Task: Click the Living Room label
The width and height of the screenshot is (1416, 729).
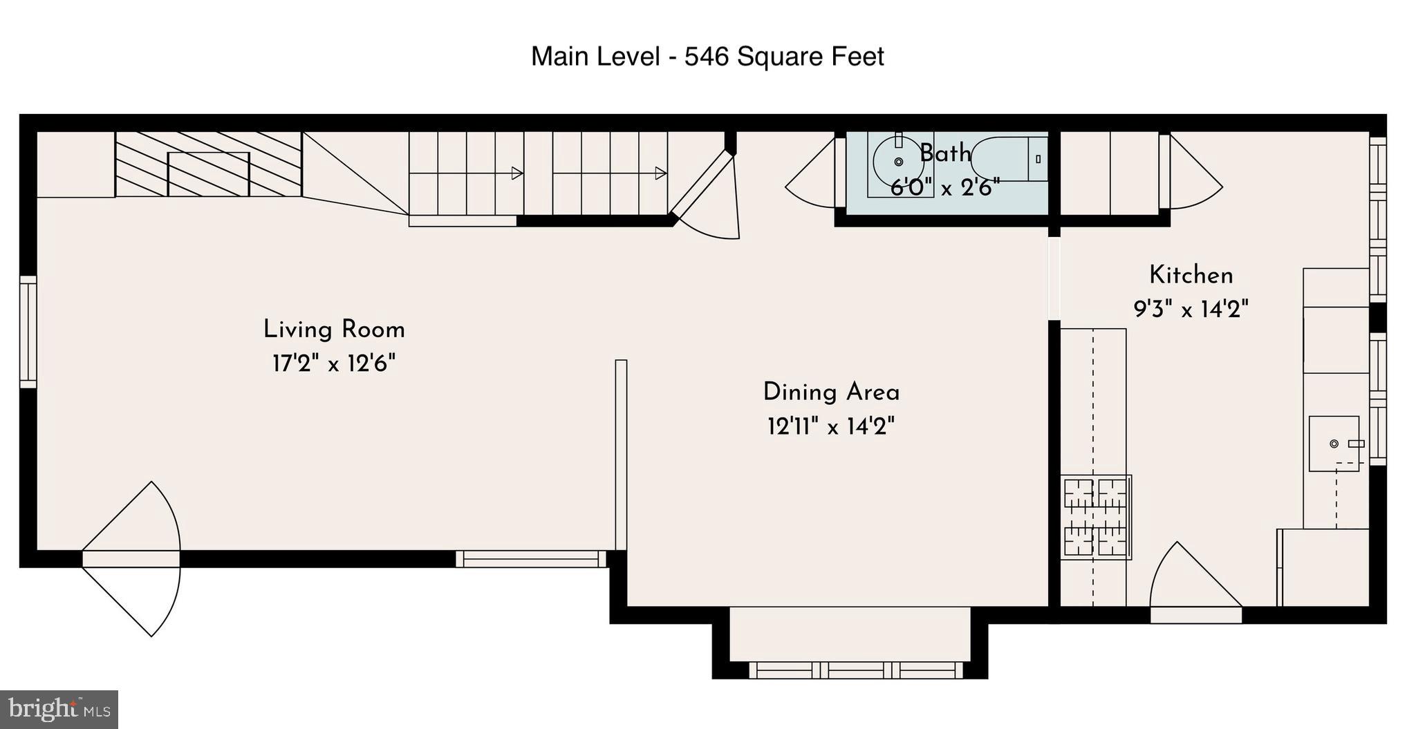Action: (x=334, y=329)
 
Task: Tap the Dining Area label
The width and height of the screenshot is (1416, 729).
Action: (x=831, y=392)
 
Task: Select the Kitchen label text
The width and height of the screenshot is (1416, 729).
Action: (x=1191, y=275)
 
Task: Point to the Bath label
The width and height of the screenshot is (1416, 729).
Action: (x=945, y=153)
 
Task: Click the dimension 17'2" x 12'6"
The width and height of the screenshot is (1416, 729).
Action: (x=334, y=363)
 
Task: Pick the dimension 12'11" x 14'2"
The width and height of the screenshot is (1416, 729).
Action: (x=831, y=426)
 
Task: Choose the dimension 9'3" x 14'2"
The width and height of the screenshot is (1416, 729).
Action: (x=1191, y=309)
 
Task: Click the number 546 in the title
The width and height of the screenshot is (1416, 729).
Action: (x=707, y=57)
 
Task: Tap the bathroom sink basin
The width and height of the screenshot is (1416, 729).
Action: (x=899, y=162)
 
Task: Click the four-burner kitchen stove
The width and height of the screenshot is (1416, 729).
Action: (x=1096, y=517)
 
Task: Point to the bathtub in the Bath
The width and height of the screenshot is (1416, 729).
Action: (x=1009, y=160)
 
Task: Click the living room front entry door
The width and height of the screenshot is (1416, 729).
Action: (x=131, y=558)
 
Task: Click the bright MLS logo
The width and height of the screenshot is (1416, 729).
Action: (x=59, y=710)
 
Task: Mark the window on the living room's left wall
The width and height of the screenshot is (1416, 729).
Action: (x=28, y=332)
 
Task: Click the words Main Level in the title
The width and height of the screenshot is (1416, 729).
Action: (x=595, y=57)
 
